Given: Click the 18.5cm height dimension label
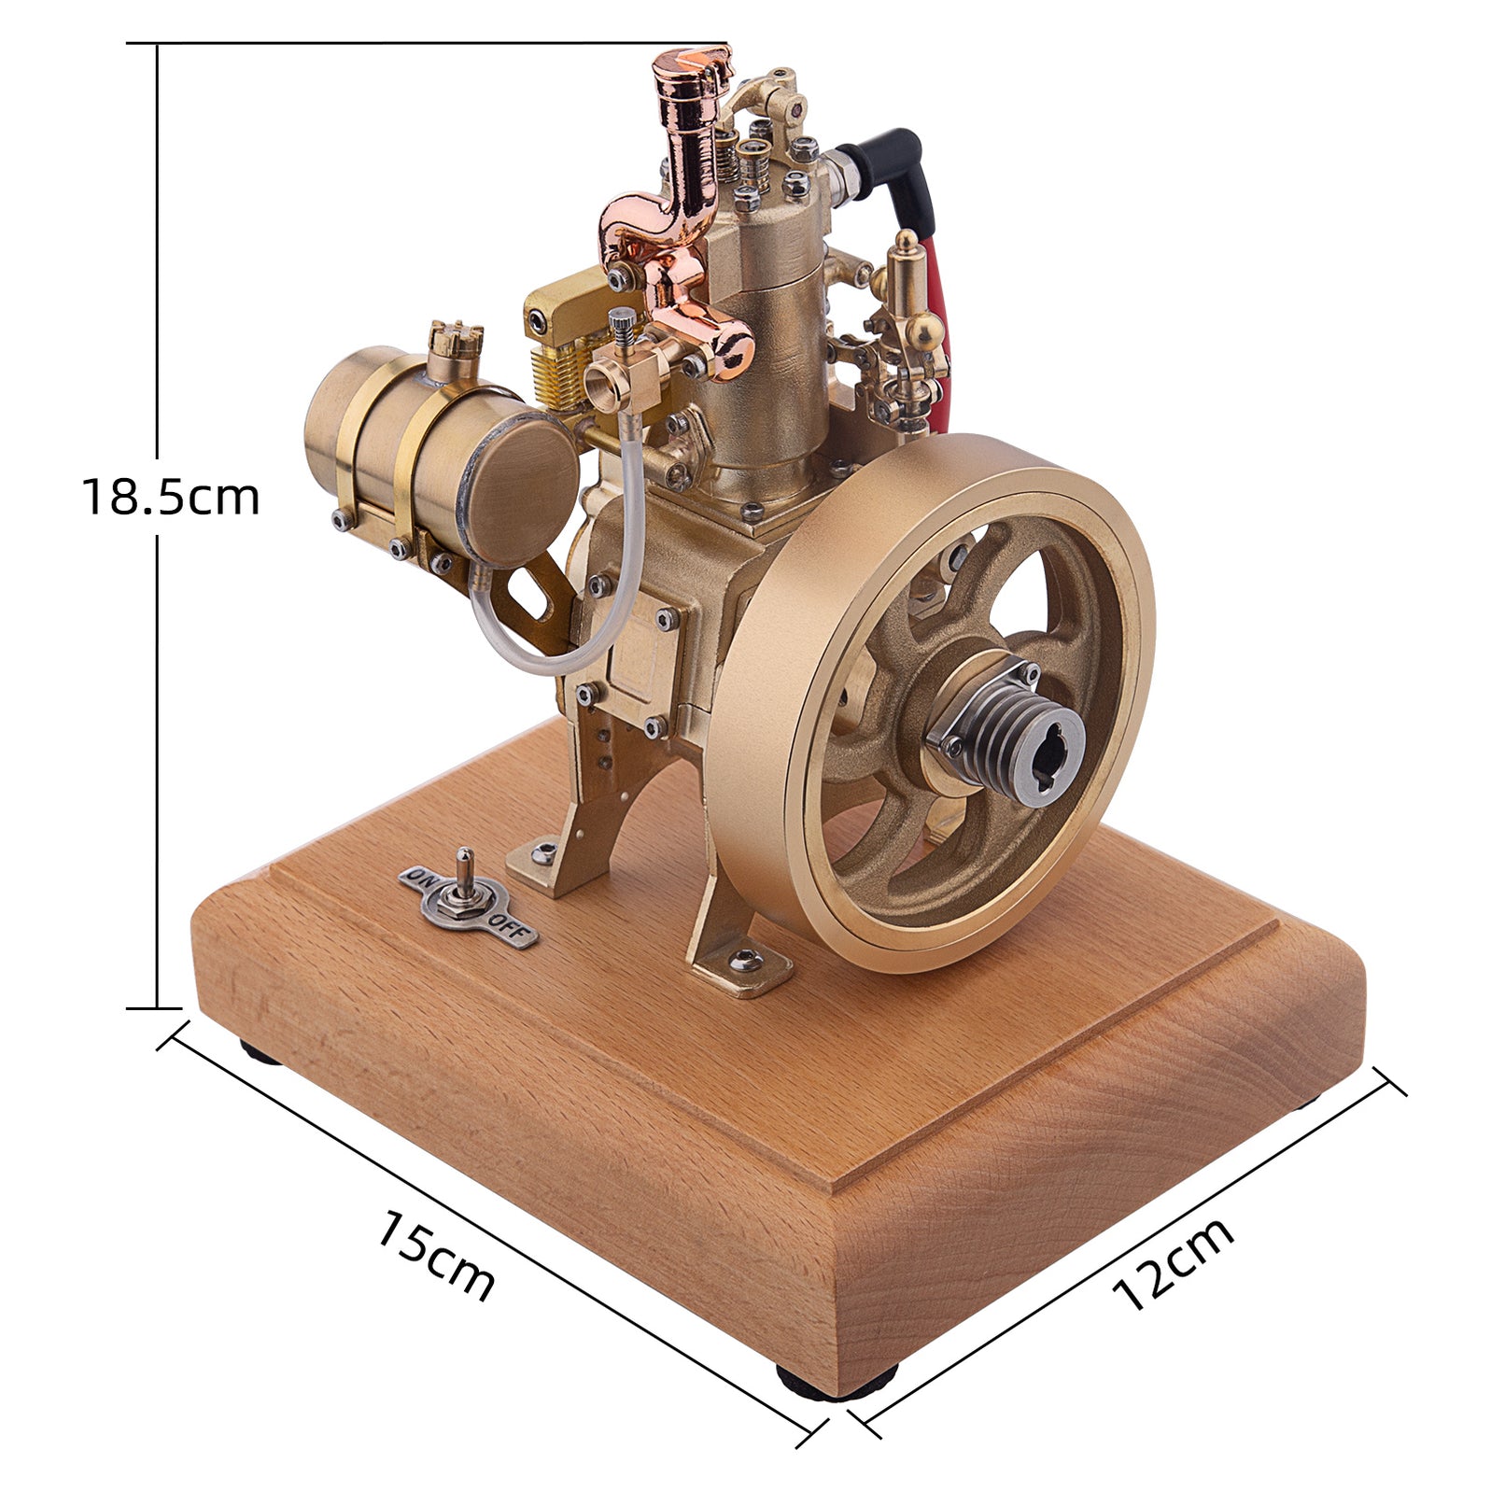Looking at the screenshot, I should tap(170, 496).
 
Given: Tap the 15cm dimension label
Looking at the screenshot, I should tap(435, 1256).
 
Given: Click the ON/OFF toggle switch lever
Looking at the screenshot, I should tap(465, 875).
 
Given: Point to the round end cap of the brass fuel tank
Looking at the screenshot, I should tap(519, 489).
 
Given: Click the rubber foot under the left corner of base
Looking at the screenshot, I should tap(261, 1052).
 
